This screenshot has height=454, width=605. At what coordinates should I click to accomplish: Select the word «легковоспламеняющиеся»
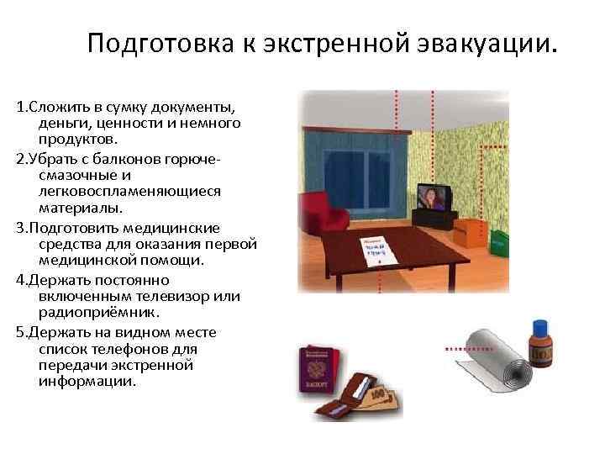pos(118,192)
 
